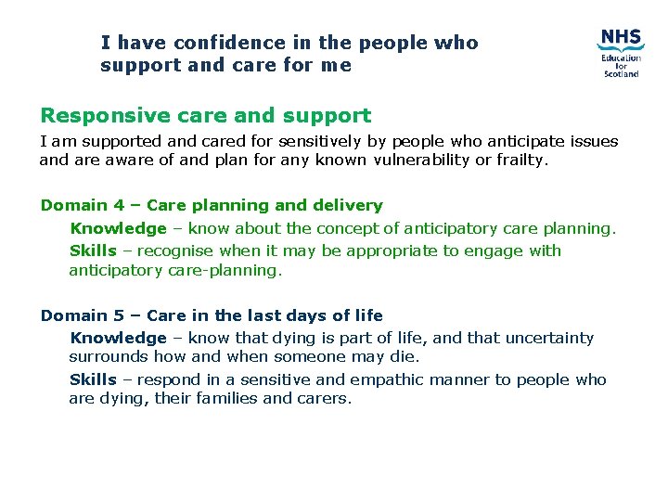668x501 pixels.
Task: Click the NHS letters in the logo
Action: pos(620,39)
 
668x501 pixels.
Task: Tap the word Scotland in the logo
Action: pos(621,73)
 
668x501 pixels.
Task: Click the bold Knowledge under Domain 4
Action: pos(118,228)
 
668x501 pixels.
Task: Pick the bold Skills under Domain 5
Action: pos(93,379)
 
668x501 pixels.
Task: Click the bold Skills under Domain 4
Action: pos(93,250)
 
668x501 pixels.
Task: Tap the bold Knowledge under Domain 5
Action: pos(118,339)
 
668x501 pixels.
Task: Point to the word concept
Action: pos(348,228)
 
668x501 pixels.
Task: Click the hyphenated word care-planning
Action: pos(223,271)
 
